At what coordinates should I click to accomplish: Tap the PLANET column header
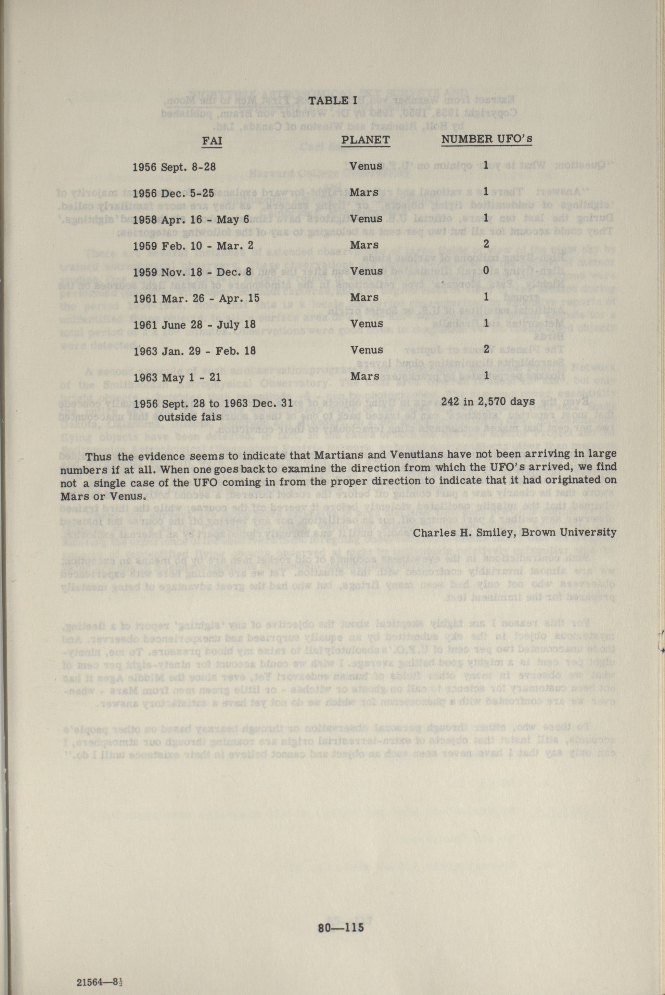click(x=365, y=140)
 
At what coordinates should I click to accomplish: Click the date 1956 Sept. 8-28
click(x=174, y=167)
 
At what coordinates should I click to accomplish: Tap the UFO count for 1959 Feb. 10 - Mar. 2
click(x=486, y=244)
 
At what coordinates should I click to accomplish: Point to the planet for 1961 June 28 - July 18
click(x=366, y=323)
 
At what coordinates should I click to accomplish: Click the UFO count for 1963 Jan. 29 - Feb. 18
click(x=486, y=349)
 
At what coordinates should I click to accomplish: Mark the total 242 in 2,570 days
click(x=488, y=401)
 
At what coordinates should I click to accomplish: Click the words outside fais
click(x=190, y=417)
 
